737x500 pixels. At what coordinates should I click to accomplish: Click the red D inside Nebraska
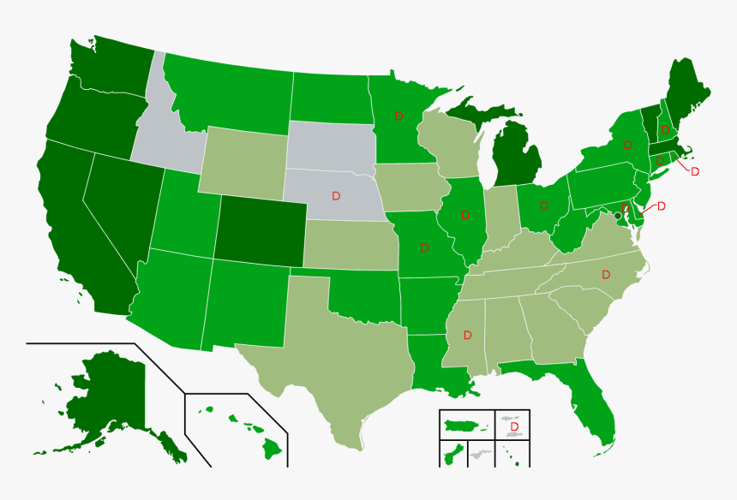[x=336, y=196]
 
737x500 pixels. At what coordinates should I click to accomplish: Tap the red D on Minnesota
[x=398, y=116]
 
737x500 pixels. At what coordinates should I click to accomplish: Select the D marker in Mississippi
[x=467, y=334]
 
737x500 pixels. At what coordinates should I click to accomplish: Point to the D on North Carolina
[x=606, y=275]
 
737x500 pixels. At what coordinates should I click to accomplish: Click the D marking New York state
[x=628, y=145]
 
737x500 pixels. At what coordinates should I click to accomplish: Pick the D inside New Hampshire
[x=665, y=131]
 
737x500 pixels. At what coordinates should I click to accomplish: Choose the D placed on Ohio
[x=544, y=205]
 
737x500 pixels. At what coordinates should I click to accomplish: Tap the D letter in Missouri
[x=424, y=248]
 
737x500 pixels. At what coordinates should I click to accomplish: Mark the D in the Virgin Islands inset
[x=514, y=426]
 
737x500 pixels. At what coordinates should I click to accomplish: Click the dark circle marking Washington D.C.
[x=618, y=216]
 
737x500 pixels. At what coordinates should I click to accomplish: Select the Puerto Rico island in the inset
[x=464, y=424]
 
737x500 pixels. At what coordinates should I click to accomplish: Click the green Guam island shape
[x=450, y=454]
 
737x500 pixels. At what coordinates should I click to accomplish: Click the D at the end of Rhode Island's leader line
[x=695, y=172]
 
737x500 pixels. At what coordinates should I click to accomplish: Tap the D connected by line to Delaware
[x=661, y=206]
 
